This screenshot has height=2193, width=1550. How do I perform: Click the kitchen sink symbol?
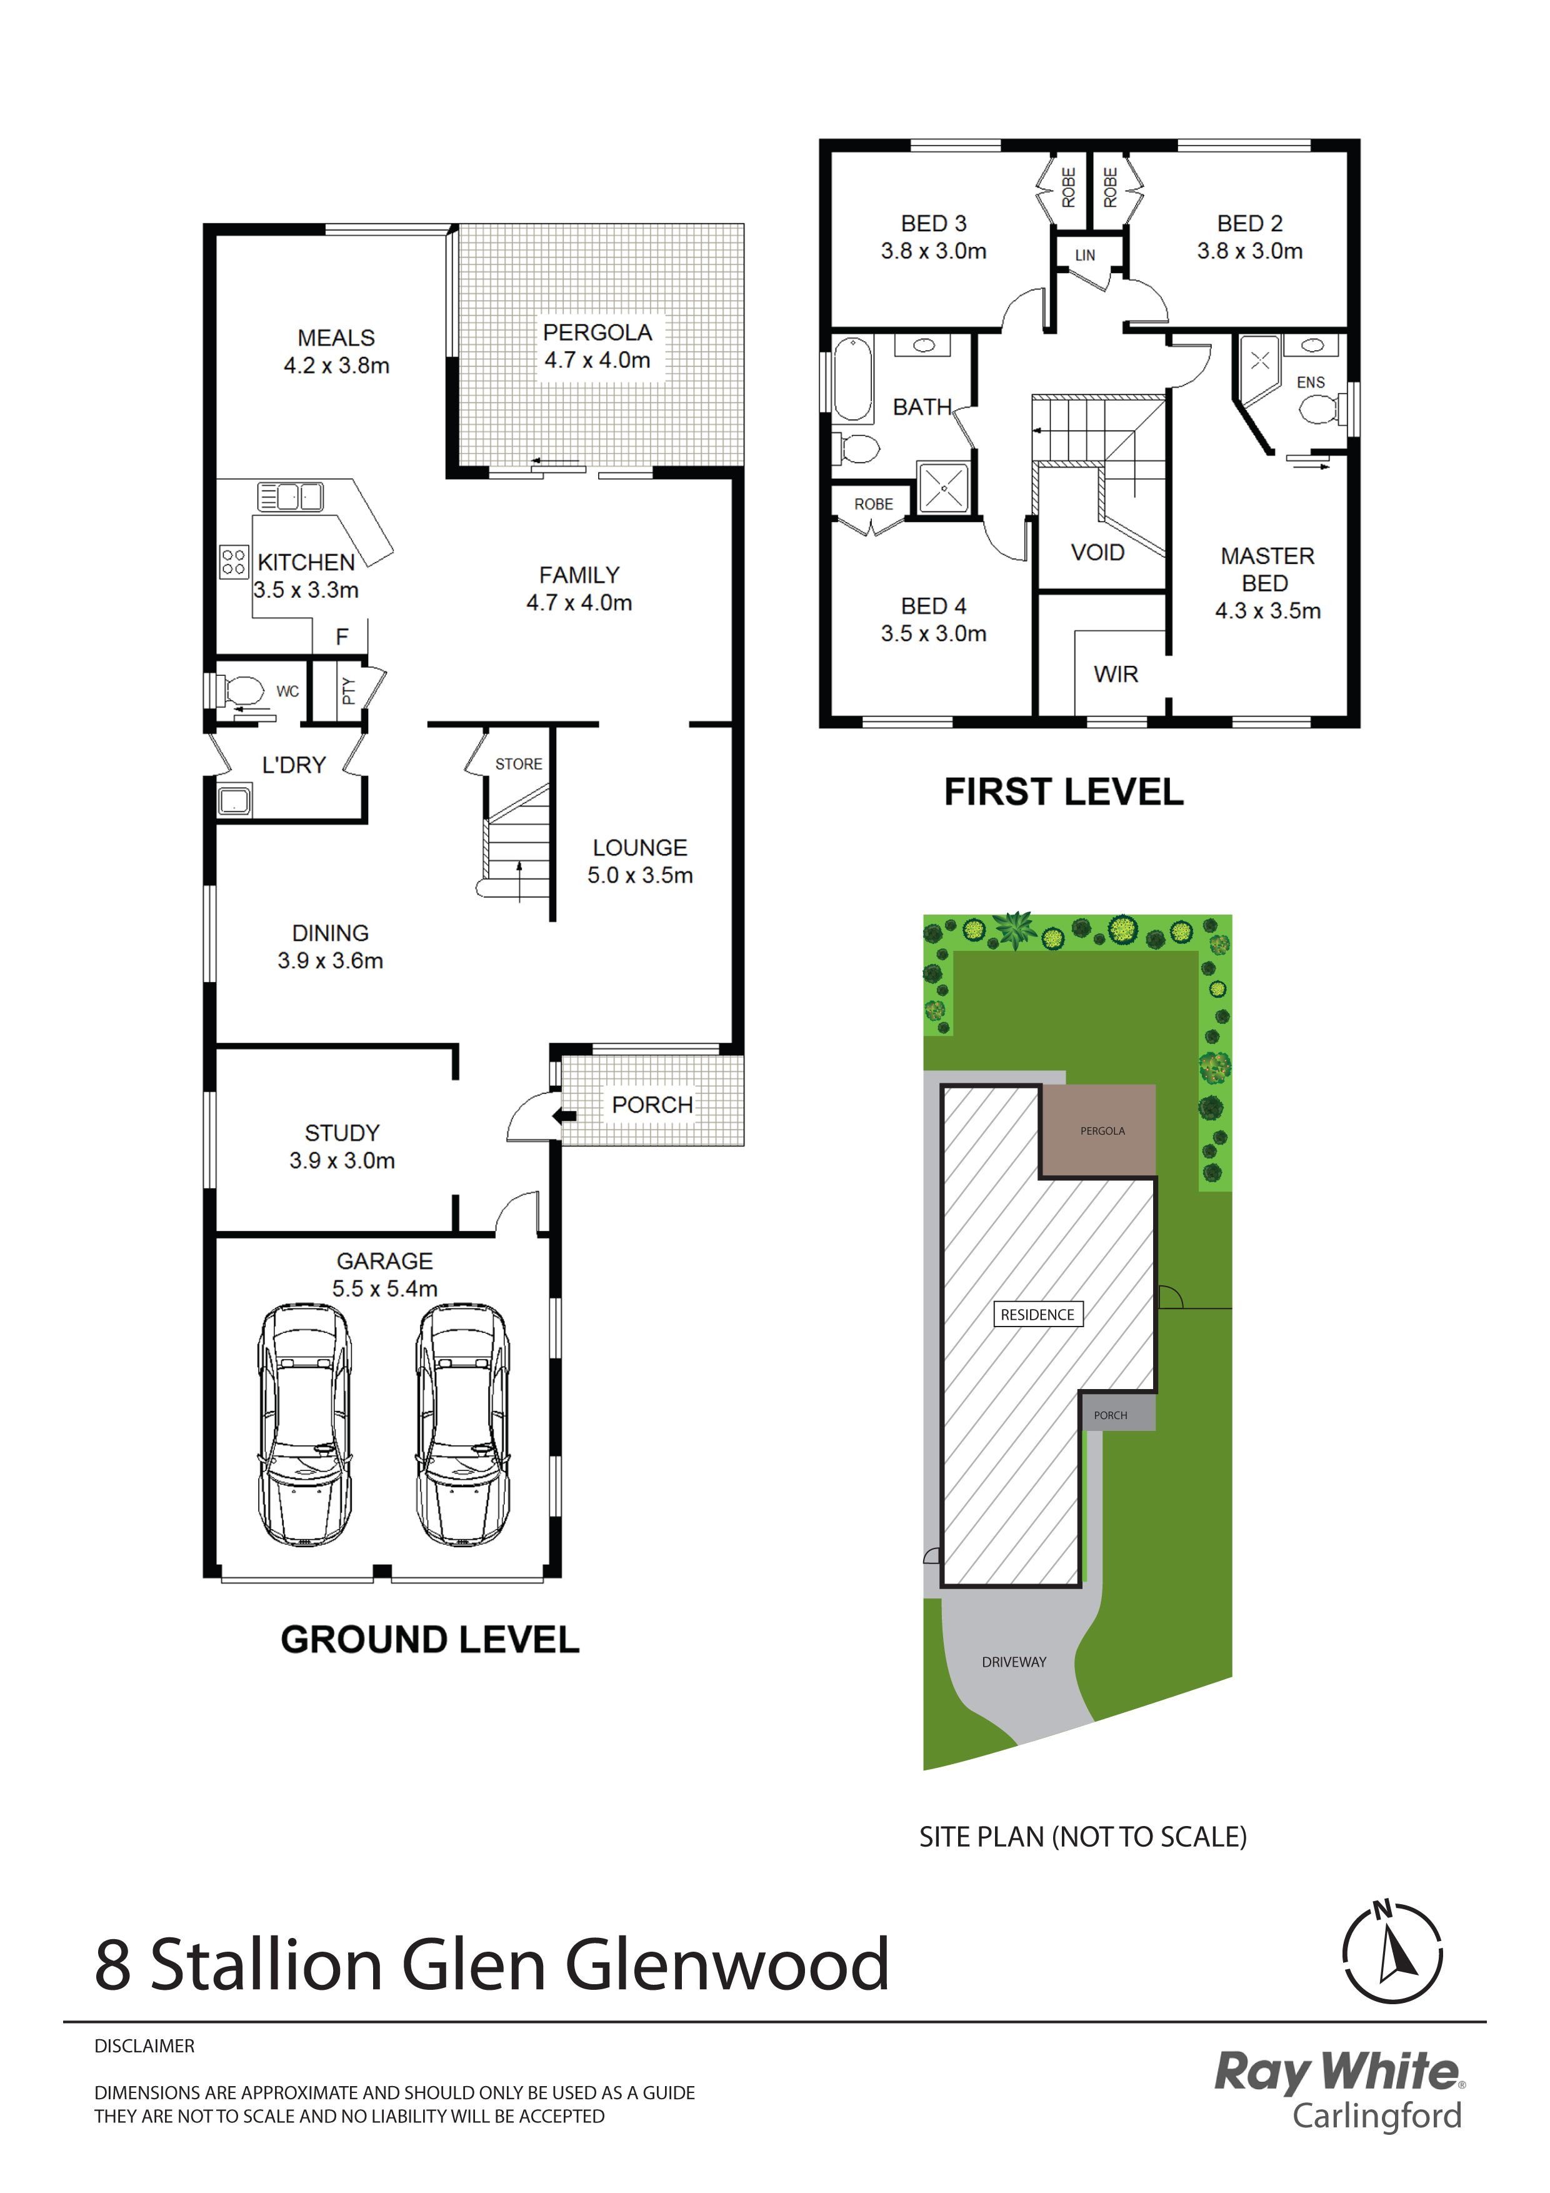coord(291,496)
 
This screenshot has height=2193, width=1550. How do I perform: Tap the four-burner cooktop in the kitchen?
coord(234,561)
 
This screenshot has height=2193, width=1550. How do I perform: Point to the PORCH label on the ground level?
coord(652,1105)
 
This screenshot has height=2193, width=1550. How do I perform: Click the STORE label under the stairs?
coord(519,764)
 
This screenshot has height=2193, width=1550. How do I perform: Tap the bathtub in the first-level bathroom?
coord(853,379)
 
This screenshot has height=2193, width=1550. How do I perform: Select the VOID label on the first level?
coord(1097,552)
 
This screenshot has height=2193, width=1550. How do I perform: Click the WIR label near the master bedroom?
coord(1116,675)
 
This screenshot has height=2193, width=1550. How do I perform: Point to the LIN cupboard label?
coord(1085,255)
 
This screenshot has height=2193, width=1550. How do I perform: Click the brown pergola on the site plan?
coord(1098,1131)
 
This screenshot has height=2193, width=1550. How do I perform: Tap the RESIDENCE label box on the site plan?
coord(1037,1314)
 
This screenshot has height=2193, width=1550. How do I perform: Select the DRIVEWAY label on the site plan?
coord(1014,1662)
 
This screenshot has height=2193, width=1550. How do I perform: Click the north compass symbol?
coord(1391,1954)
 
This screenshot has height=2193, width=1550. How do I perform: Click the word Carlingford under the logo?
coord(1377,2117)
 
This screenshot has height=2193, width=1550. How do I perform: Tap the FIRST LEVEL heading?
coord(1064,792)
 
